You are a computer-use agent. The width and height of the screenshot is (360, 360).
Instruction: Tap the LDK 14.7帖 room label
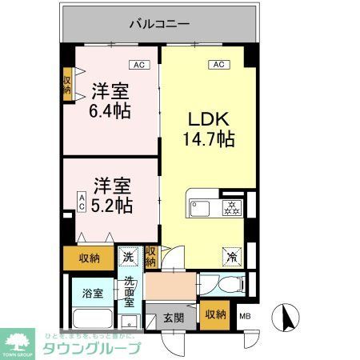[210, 129]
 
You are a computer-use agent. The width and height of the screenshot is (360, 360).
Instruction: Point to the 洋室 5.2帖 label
[110, 194]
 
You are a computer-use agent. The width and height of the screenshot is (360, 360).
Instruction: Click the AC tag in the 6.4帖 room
[139, 64]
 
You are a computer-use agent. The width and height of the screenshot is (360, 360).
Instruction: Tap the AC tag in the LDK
[217, 64]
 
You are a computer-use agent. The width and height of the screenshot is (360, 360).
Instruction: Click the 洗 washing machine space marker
[129, 258]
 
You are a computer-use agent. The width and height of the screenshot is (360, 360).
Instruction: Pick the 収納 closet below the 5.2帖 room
[90, 258]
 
